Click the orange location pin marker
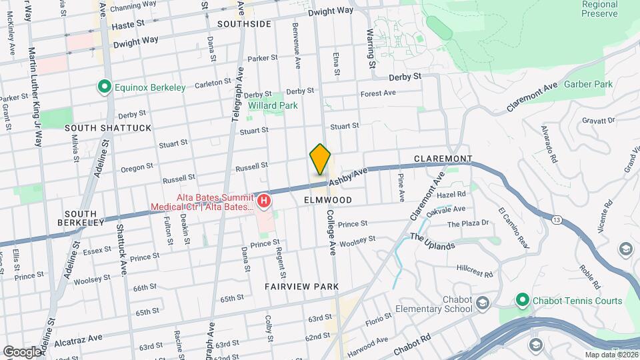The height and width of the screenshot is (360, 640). click(320, 160)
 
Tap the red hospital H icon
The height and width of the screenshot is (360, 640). click(264, 200)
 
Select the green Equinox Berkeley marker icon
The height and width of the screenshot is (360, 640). click(104, 87)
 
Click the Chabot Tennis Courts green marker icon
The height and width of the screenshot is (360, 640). click(523, 301)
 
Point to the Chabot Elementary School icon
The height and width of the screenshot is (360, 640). click(481, 304)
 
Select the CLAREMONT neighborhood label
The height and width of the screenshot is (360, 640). click(443, 159)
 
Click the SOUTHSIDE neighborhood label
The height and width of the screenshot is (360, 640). click(244, 24)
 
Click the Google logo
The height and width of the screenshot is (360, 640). click(22, 351)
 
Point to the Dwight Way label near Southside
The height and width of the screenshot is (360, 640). click(331, 11)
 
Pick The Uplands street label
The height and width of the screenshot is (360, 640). click(432, 241)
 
